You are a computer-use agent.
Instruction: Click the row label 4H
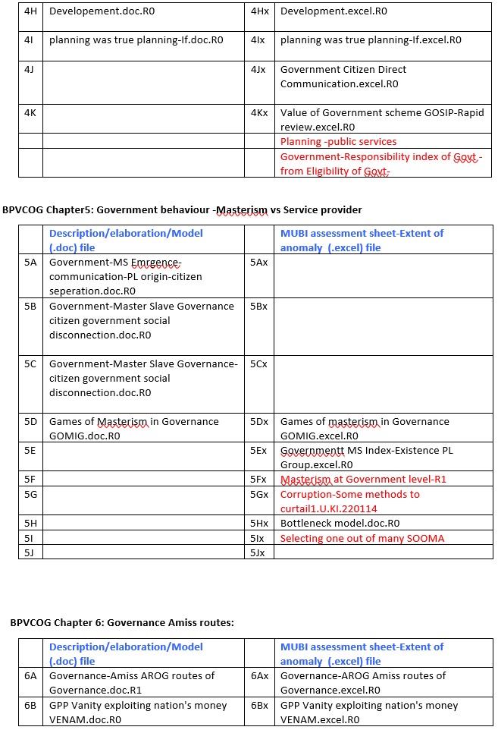[x=30, y=11]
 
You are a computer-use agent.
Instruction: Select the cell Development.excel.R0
[x=334, y=11]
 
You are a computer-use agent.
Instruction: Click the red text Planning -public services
[x=338, y=141]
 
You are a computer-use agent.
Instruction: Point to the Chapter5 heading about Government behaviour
[x=182, y=209]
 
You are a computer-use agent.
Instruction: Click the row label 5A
[x=30, y=262]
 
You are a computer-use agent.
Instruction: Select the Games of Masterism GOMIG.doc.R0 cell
[x=133, y=429]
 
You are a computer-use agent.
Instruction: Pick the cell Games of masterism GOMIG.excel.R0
[x=365, y=429]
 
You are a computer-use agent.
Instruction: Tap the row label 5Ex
[x=258, y=450]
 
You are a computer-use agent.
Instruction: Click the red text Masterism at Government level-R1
[x=363, y=479]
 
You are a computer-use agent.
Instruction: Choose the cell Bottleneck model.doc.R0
[x=340, y=523]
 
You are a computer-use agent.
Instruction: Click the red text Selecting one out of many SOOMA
[x=362, y=538]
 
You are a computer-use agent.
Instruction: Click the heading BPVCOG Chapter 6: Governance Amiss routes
[x=122, y=622]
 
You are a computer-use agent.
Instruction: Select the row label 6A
[x=30, y=675]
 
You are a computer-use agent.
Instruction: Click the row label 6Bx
[x=258, y=705]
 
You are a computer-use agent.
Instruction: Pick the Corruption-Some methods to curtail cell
[x=349, y=501]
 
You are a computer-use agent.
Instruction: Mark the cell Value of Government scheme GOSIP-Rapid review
[x=381, y=120]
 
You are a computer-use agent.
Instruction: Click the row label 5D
[x=30, y=421]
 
